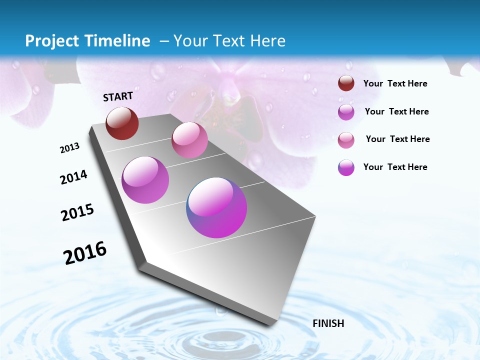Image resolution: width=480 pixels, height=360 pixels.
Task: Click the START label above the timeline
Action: click(x=118, y=96)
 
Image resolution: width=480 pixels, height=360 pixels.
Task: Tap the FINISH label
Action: click(x=328, y=323)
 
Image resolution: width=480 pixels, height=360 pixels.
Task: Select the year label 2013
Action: click(x=69, y=148)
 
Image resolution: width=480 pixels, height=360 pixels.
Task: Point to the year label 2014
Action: click(x=73, y=177)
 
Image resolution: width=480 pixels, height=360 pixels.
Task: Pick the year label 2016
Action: click(x=85, y=253)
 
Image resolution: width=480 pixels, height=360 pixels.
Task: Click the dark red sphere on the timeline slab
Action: click(x=122, y=123)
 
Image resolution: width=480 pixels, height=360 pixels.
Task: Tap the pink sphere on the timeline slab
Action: click(x=189, y=140)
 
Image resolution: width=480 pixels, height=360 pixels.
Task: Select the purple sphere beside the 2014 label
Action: click(x=145, y=180)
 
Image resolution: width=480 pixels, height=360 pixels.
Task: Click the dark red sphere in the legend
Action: click(x=346, y=83)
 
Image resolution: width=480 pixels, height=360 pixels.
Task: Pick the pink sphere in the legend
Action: click(x=346, y=139)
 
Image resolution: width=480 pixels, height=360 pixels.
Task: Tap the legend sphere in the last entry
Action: click(x=346, y=167)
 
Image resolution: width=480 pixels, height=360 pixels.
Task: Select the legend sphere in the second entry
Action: click(x=346, y=112)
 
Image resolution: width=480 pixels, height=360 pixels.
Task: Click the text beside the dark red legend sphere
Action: click(x=395, y=84)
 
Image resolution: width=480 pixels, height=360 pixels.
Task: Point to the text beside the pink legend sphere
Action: click(x=397, y=139)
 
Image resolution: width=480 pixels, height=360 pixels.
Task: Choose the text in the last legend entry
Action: click(x=395, y=167)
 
